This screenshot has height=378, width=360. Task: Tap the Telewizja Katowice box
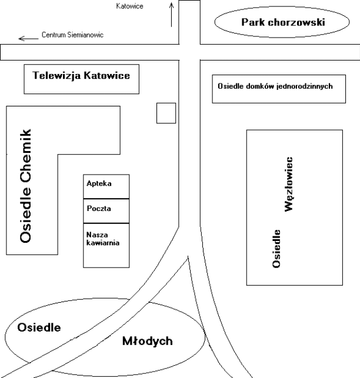tap(82, 79)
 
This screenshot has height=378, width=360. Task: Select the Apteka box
tap(106, 186)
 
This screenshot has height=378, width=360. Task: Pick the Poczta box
tap(106, 211)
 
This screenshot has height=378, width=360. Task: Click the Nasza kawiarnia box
tap(106, 245)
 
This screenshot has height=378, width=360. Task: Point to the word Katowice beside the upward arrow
tap(146, 6)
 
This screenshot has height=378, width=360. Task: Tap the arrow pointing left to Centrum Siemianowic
tap(27, 38)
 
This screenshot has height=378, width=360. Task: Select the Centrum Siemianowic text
tap(72, 35)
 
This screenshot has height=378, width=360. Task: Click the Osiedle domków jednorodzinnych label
tap(275, 86)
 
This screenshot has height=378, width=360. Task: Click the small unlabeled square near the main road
tap(166, 112)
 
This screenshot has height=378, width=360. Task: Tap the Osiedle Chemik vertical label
tap(25, 185)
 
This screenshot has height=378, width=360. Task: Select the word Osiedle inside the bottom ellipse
tap(39, 327)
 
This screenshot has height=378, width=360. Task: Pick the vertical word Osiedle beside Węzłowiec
tap(276, 247)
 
